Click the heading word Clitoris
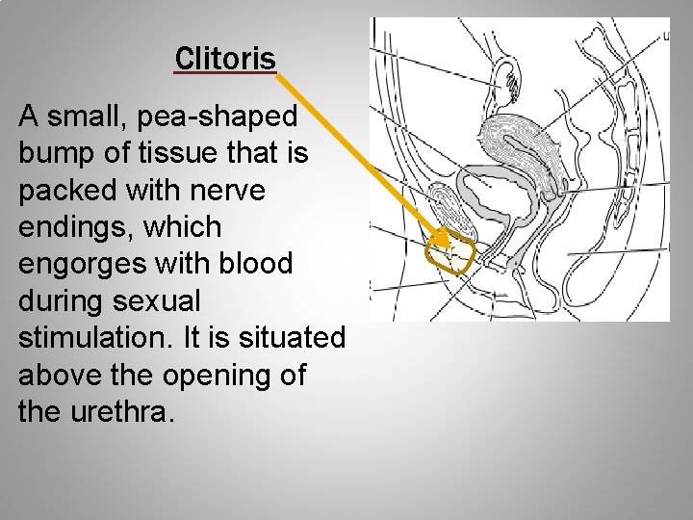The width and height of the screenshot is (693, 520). click(x=225, y=59)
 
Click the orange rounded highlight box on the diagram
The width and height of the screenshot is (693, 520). click(x=451, y=253)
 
